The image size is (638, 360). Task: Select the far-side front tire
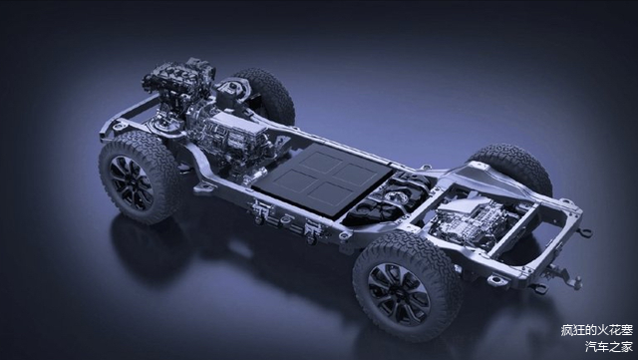tap(265, 96)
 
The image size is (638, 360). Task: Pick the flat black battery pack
tap(321, 178)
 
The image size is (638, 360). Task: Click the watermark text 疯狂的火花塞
tap(597, 330)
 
